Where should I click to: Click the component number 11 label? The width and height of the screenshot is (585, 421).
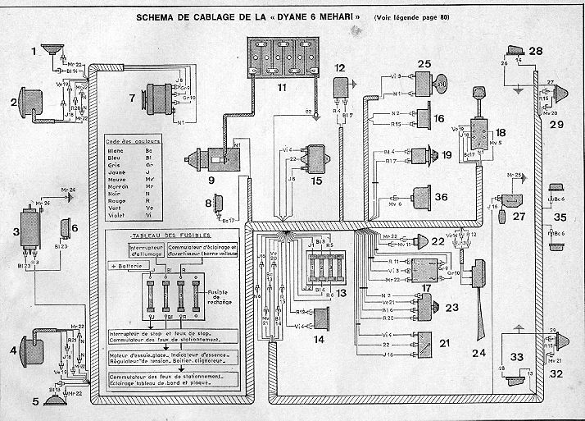coord(283,84)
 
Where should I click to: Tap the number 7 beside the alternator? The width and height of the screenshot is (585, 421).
coord(131,99)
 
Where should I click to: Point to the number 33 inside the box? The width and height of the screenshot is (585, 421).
coord(516,357)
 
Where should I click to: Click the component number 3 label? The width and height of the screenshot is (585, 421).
coord(15,232)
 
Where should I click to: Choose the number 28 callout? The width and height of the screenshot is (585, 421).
coord(536,51)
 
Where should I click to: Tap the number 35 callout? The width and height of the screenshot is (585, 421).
coord(560,217)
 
